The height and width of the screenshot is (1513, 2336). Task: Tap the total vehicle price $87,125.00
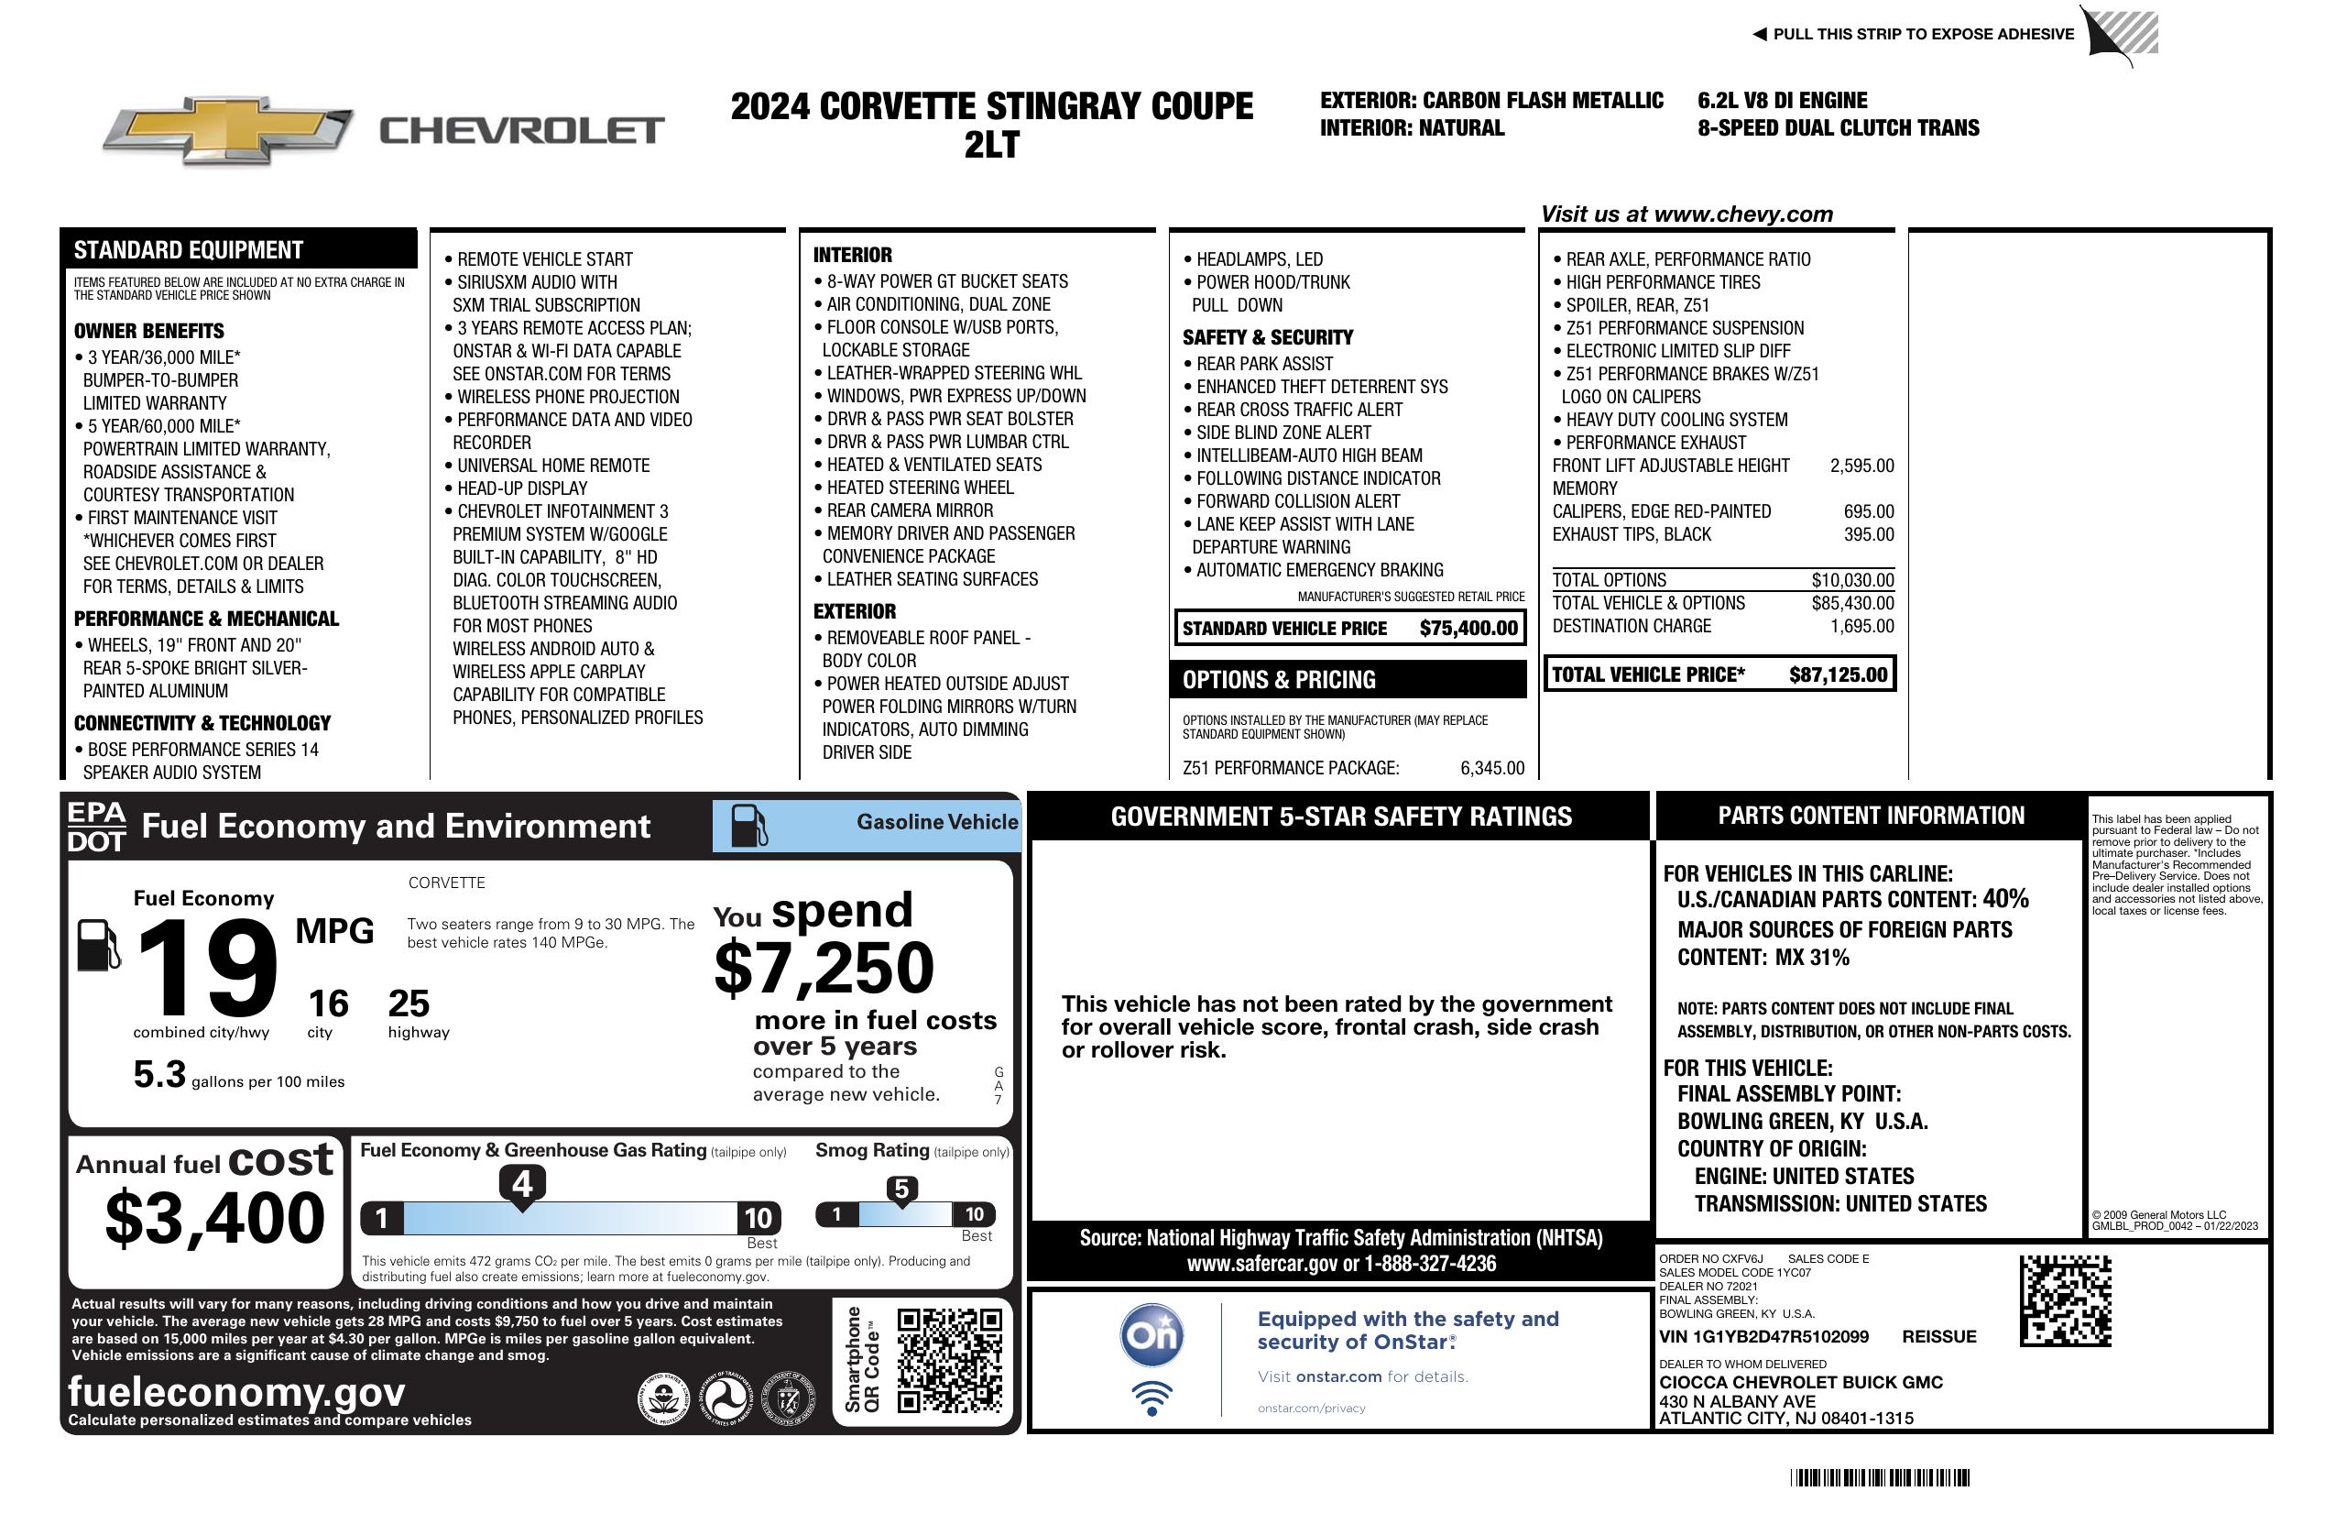[1838, 674]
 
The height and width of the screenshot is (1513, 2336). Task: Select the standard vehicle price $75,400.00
[1468, 629]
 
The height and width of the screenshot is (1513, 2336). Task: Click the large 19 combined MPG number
[207, 969]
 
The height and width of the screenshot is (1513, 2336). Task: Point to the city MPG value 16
[328, 1003]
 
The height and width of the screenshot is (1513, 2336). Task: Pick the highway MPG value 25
[409, 1003]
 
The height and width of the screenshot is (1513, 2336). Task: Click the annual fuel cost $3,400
[215, 1218]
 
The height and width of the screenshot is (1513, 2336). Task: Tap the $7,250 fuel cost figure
[824, 968]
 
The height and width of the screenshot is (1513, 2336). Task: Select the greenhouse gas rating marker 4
[522, 1184]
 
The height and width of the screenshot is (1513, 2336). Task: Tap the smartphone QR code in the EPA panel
[949, 1360]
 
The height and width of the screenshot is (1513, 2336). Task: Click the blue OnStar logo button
[1152, 1335]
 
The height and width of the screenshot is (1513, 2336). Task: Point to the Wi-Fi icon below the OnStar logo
[1152, 1398]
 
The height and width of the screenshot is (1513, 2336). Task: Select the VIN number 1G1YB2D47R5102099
[1763, 1336]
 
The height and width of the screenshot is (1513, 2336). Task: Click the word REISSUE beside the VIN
[1938, 1336]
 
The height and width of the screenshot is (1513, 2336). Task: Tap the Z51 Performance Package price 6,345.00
[1492, 768]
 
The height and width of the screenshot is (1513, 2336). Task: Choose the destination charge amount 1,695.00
[1861, 627]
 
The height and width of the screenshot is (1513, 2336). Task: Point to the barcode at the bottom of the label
[1879, 1477]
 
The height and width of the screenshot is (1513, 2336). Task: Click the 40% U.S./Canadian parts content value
[2005, 898]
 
